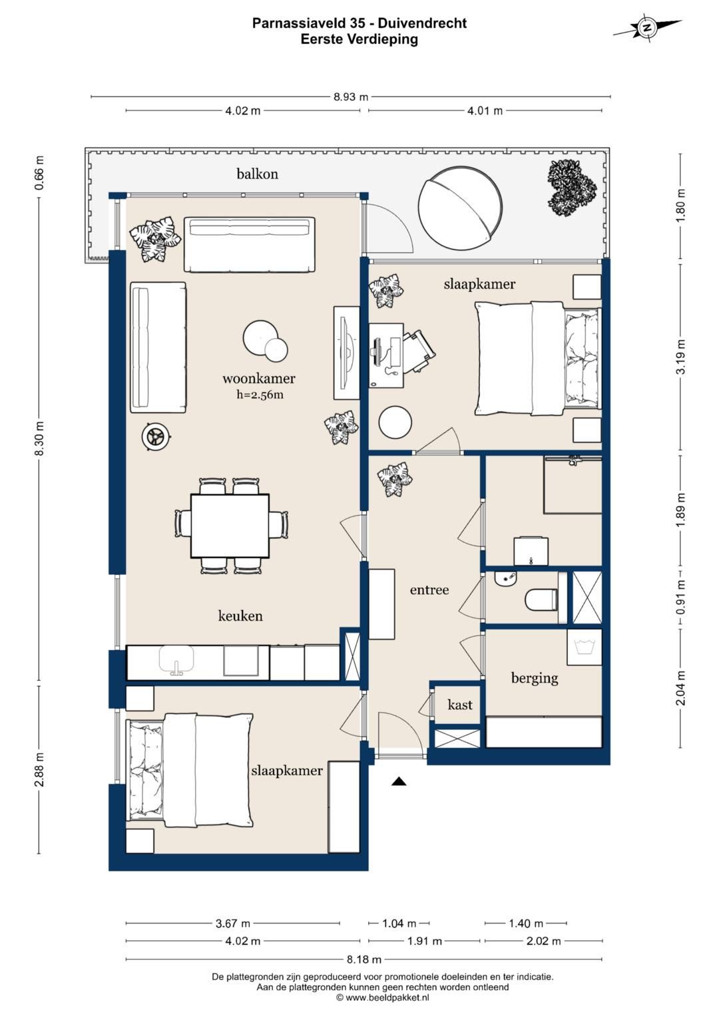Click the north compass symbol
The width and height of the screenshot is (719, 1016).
(x=647, y=28)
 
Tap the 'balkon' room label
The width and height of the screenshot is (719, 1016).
(x=258, y=174)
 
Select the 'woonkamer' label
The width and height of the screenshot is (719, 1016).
(x=259, y=378)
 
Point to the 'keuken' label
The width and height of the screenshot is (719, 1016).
(x=240, y=615)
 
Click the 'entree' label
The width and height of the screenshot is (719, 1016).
(x=429, y=590)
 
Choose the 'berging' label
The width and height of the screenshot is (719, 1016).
(x=534, y=678)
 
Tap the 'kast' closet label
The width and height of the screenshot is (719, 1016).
(x=460, y=705)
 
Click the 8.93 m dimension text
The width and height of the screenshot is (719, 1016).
(x=351, y=96)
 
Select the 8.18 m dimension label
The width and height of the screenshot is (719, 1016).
(x=363, y=959)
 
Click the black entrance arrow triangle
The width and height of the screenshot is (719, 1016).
(x=399, y=780)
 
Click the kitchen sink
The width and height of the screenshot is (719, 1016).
(x=176, y=661)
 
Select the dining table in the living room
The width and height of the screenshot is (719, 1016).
(x=230, y=526)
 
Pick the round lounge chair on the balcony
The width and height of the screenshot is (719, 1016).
(x=460, y=208)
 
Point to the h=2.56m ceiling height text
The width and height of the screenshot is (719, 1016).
(x=260, y=395)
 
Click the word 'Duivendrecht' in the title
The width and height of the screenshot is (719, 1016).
(x=422, y=23)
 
